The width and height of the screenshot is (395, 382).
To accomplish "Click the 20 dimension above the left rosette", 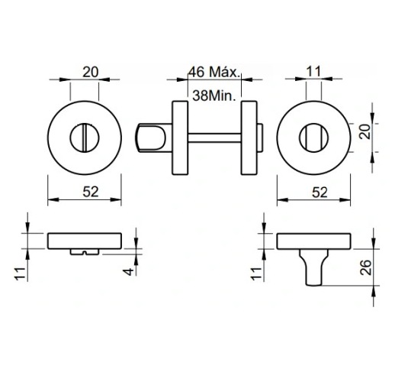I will (91, 72).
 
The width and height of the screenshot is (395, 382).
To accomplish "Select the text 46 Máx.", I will (214, 74).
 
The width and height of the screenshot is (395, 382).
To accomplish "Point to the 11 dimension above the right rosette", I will (314, 72).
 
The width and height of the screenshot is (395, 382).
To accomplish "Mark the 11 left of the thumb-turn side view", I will (256, 271).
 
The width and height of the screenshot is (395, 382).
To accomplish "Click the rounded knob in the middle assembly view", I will (153, 137).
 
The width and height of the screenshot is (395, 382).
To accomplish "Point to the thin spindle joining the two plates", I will (213, 137).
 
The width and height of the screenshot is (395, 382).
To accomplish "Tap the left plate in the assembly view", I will (180, 137).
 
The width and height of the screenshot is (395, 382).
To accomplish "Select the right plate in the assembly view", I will (249, 137).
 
